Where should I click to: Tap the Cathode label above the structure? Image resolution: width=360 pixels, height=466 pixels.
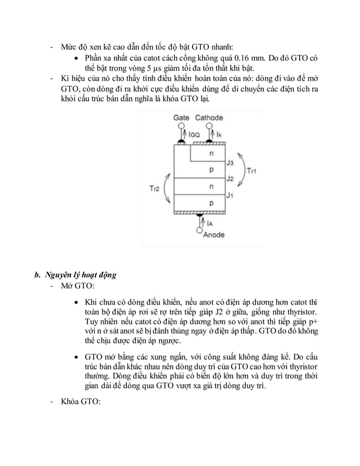(x=209, y=118)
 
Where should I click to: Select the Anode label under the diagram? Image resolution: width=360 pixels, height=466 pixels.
(x=213, y=235)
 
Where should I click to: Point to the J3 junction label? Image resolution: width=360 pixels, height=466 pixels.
(x=230, y=162)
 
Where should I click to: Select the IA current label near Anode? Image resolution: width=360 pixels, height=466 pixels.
(x=209, y=223)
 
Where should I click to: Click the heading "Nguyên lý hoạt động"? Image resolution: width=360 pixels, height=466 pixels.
(x=80, y=275)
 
